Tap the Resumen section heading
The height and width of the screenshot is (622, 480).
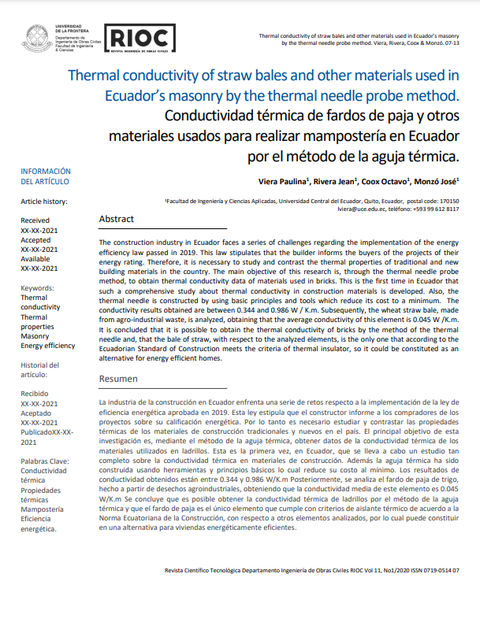(x=118, y=379)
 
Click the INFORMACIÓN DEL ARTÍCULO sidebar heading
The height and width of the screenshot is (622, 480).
(x=46, y=176)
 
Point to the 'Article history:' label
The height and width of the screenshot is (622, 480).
(x=44, y=202)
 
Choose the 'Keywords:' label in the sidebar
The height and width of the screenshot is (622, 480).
(x=38, y=289)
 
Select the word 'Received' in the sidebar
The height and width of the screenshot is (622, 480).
(x=35, y=221)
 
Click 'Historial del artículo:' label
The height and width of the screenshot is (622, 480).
(x=39, y=370)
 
